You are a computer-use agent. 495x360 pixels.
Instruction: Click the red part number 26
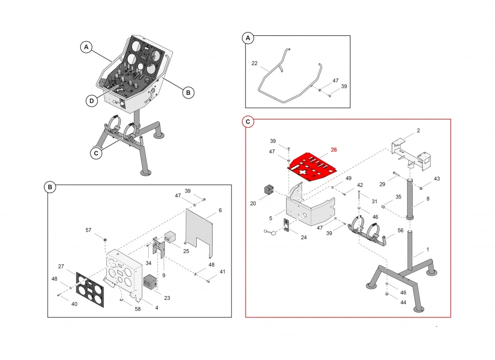[x=334, y=150]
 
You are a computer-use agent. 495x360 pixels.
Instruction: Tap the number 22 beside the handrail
[x=254, y=63]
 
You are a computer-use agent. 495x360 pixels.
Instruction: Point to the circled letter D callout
[x=91, y=101]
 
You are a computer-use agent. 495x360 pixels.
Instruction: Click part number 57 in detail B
[x=88, y=230]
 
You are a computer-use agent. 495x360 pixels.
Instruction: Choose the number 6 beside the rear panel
[x=220, y=210]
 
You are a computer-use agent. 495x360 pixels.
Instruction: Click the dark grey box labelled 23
[x=150, y=282]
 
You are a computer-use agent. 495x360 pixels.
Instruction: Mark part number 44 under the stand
[x=403, y=302]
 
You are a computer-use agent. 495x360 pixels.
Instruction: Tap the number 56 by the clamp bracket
[x=400, y=231]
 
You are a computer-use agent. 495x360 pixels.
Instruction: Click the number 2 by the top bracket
[x=418, y=131]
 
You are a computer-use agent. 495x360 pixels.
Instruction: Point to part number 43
[x=437, y=179]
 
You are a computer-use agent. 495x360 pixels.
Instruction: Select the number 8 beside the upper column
[x=427, y=198]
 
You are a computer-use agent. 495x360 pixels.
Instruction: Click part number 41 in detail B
[x=222, y=272]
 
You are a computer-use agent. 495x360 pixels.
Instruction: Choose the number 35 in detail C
[x=398, y=197]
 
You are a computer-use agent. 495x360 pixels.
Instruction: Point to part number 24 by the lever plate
[x=304, y=237]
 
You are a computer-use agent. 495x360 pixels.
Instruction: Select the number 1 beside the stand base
[x=427, y=250]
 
